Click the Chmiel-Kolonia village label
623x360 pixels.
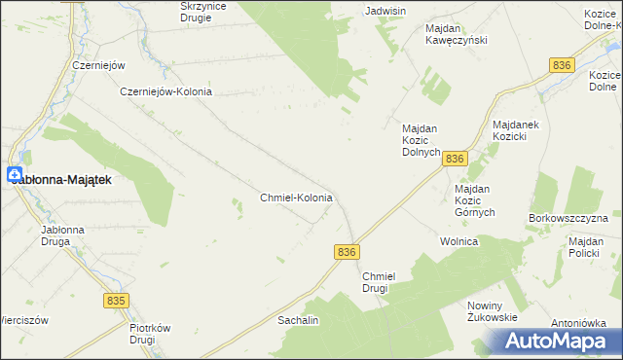pos(297,198)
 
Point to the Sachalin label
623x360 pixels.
pos(299,319)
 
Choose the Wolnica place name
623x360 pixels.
pos(458,241)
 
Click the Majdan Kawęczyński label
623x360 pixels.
pos(456,34)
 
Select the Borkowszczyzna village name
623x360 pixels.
pos(568,218)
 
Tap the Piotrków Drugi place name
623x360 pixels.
pos(151,335)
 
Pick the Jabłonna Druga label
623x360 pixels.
pos(61,236)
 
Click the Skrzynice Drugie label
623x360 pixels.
pos(210,12)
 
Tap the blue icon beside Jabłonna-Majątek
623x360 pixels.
pos(14,175)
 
